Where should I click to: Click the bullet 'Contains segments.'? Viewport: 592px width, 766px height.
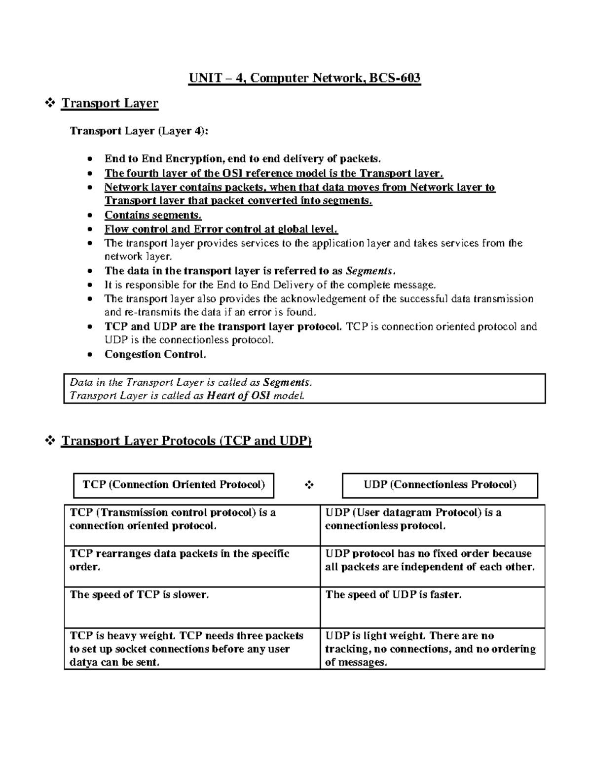(153, 215)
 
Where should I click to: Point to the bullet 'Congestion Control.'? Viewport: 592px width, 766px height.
(155, 355)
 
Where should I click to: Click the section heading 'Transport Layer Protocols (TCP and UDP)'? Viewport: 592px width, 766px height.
(186, 440)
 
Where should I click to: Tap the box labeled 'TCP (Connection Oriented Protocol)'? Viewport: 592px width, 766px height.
(174, 485)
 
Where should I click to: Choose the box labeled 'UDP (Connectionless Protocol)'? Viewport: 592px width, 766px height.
(440, 485)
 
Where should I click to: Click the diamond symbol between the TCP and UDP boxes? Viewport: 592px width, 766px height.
(309, 485)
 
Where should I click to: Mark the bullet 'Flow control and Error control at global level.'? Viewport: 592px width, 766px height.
(221, 229)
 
